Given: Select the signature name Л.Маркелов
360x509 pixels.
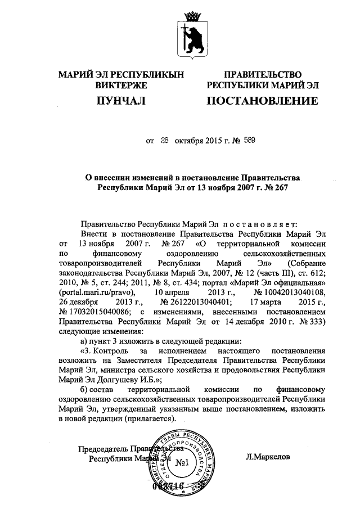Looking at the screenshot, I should click(x=268, y=457).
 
